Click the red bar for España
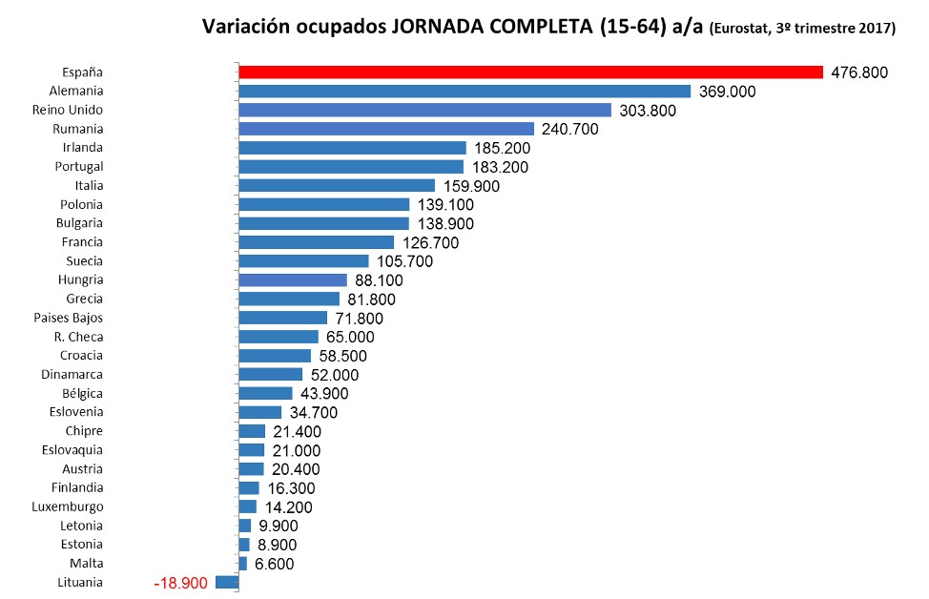pyautogui.click(x=530, y=72)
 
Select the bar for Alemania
pyautogui.click(x=464, y=92)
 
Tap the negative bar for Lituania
pyautogui.click(x=227, y=582)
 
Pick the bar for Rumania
pyautogui.click(x=386, y=129)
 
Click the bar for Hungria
pyautogui.click(x=293, y=280)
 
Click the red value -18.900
pyautogui.click(x=180, y=583)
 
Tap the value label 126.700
pyautogui.click(x=431, y=243)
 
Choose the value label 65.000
pyautogui.click(x=350, y=337)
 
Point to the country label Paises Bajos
pyautogui.click(x=68, y=318)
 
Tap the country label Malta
pyautogui.click(x=86, y=563)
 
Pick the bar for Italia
pyautogui.click(x=337, y=186)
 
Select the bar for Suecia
pyautogui.click(x=303, y=261)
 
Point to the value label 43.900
pyautogui.click(x=324, y=394)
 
